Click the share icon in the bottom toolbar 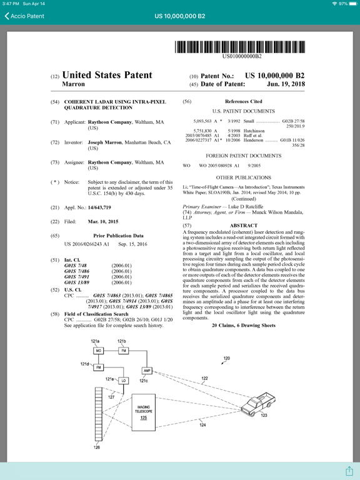point(349,470)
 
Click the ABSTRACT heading point(243,225)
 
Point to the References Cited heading point(243,101)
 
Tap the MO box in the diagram point(98,351)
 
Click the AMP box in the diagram point(147,371)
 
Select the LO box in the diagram point(124,380)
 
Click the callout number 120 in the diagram point(226,359)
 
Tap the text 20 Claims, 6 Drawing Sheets point(243,326)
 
